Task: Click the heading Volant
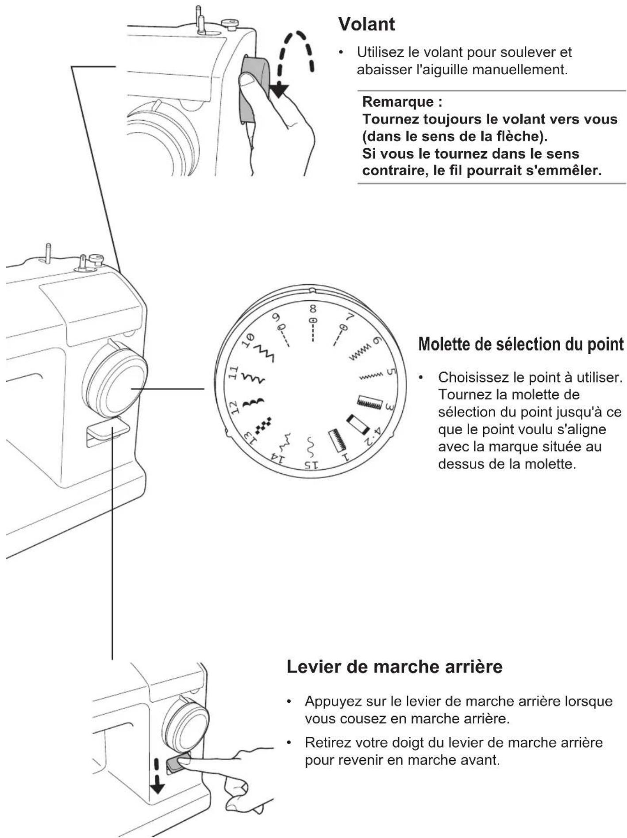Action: click(x=366, y=24)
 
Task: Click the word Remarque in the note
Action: click(x=398, y=102)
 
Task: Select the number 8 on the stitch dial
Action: click(x=313, y=309)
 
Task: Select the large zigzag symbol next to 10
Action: click(x=263, y=352)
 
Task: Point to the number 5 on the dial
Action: click(x=389, y=372)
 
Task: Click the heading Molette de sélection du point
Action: click(x=521, y=344)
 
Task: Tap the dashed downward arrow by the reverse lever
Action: click(x=157, y=776)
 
